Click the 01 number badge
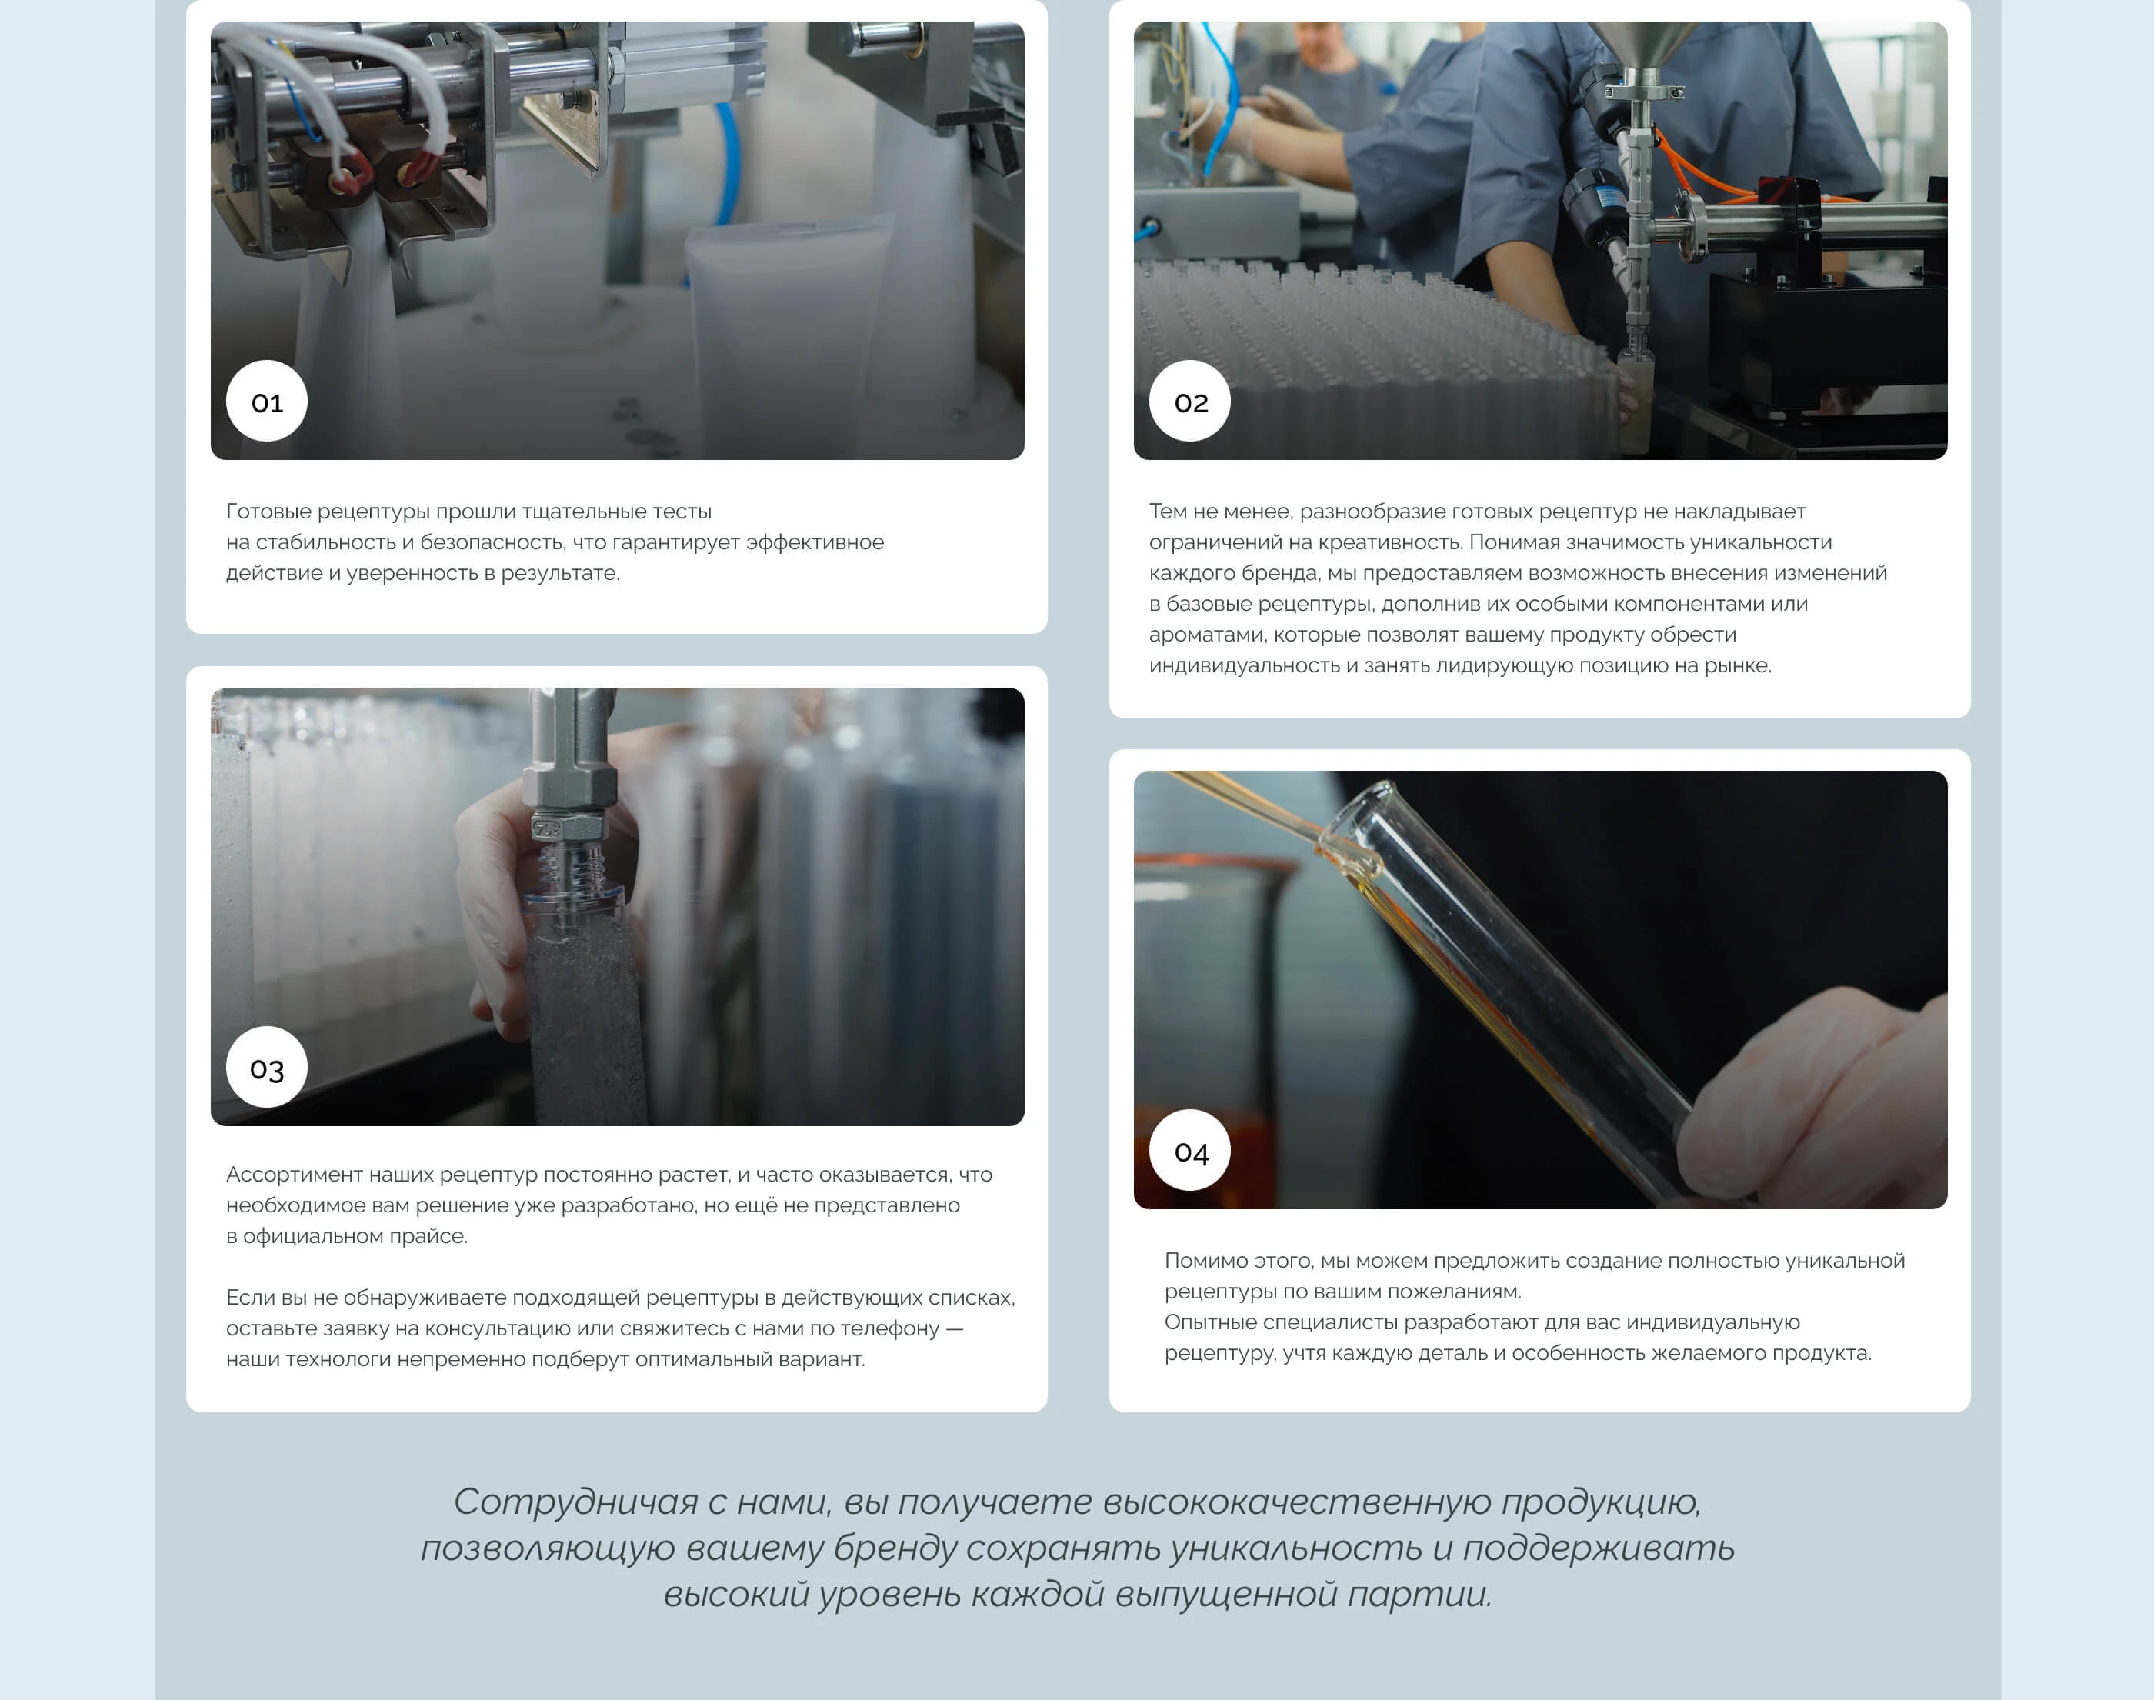267,401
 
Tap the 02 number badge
1191,401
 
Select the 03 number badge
267,1067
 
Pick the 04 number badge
1191,1151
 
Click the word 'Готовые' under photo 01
268,512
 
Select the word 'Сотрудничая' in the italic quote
576,1502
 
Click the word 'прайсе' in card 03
434,1236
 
